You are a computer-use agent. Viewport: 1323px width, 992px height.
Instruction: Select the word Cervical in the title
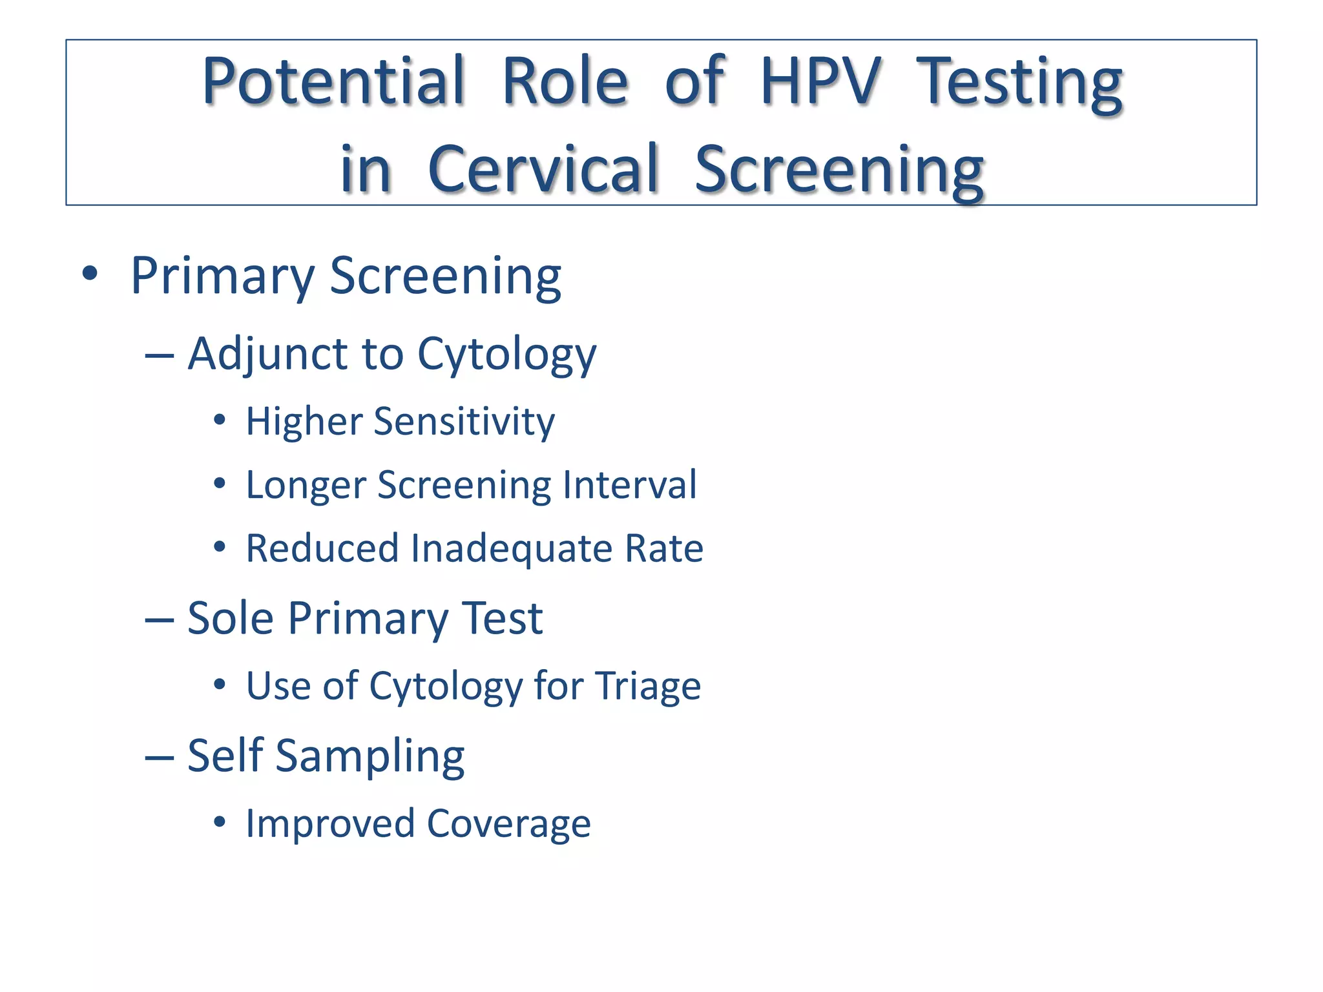pyautogui.click(x=543, y=169)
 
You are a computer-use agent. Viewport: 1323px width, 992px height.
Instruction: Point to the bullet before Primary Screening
pyautogui.click(x=90, y=274)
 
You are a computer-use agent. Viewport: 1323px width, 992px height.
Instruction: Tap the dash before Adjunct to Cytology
pyautogui.click(x=160, y=355)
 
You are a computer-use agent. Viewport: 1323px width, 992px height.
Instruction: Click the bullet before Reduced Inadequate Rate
pyautogui.click(x=220, y=548)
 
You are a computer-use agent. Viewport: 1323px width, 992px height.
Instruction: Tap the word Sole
pyautogui.click(x=230, y=618)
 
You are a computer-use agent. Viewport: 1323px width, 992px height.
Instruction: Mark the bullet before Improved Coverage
pyautogui.click(x=220, y=823)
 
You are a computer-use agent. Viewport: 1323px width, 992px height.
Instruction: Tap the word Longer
pyautogui.click(x=305, y=485)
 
